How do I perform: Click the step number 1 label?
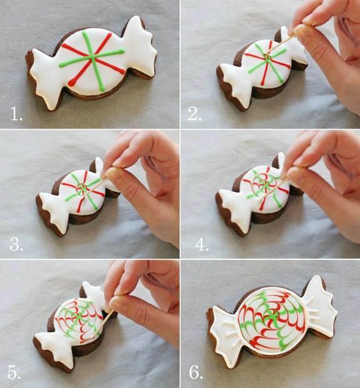(16, 114)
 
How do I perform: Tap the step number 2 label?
(195, 114)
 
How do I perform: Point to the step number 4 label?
(202, 244)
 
